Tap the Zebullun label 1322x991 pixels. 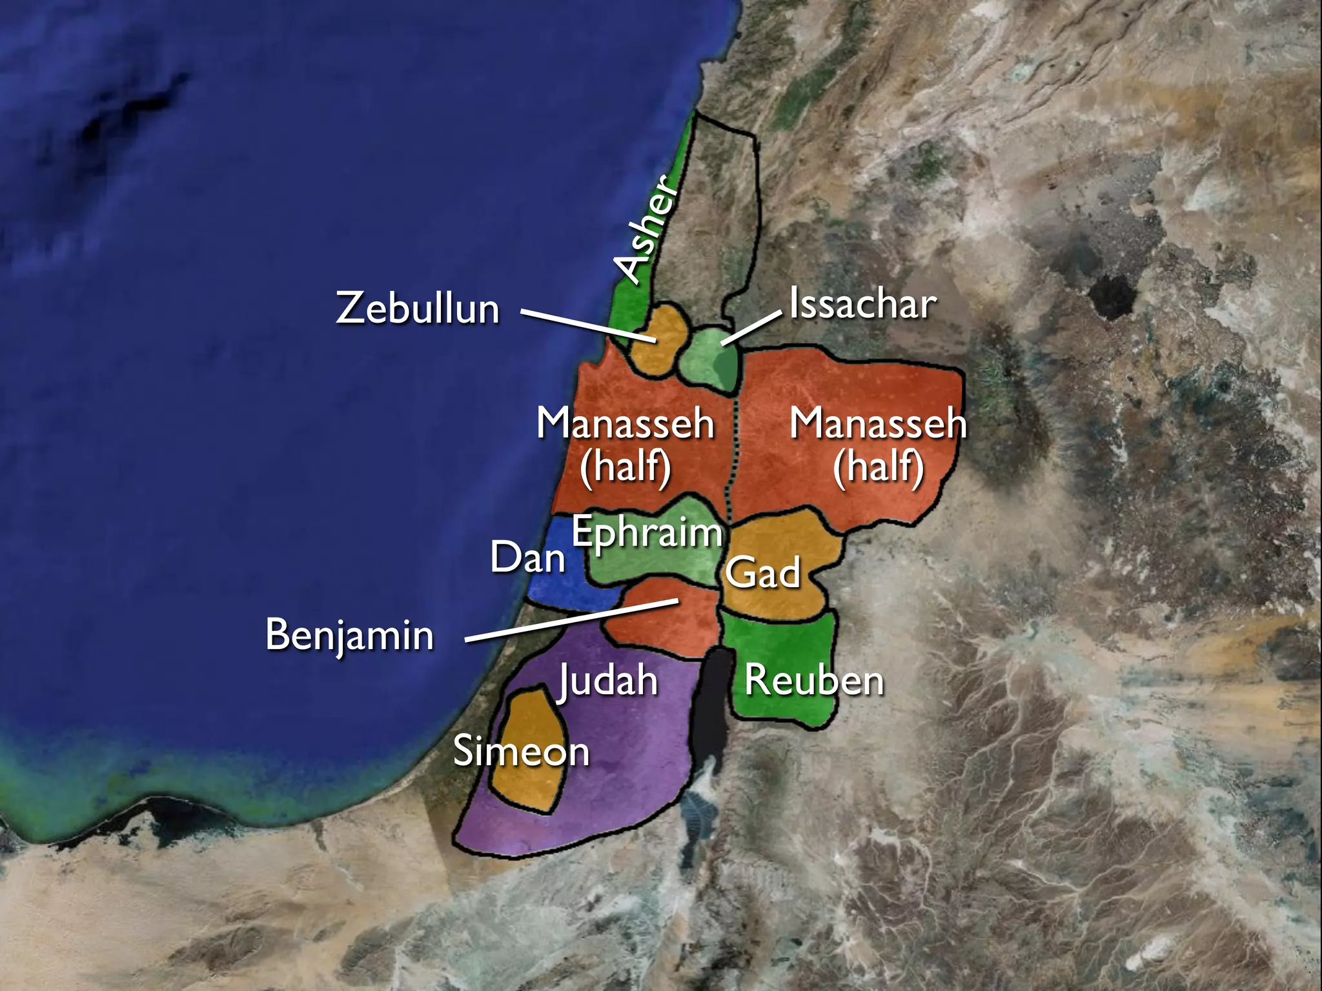[x=418, y=308]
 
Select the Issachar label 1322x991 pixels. [x=862, y=304]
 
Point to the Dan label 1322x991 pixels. [x=527, y=557]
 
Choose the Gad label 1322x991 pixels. [x=763, y=572]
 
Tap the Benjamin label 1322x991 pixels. [x=349, y=635]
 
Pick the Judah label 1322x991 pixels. [x=608, y=680]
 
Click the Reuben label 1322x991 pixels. [x=814, y=681]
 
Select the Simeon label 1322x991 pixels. [x=521, y=752]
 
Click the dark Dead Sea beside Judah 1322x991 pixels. [x=710, y=710]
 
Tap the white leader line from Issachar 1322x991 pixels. [x=752, y=328]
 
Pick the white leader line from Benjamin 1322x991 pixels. [x=571, y=621]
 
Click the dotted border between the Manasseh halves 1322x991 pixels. [x=733, y=452]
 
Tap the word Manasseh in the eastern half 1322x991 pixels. [x=878, y=425]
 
